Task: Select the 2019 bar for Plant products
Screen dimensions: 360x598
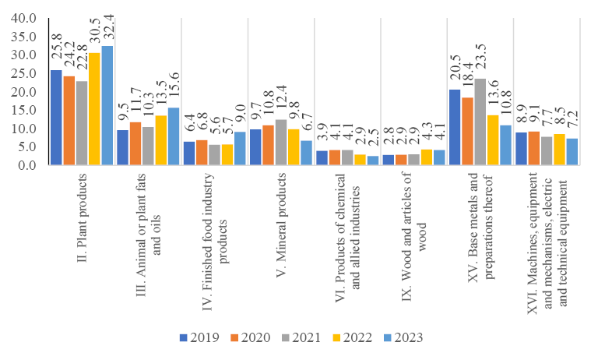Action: tap(56, 118)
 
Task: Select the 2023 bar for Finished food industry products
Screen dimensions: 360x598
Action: tap(240, 149)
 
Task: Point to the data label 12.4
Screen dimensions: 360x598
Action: tap(280, 101)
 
